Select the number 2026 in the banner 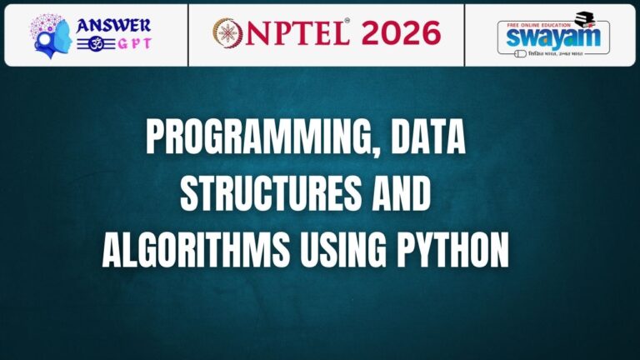(397, 32)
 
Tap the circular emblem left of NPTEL (228, 33)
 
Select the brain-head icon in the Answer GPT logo (51, 34)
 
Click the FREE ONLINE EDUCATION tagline (542, 22)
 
